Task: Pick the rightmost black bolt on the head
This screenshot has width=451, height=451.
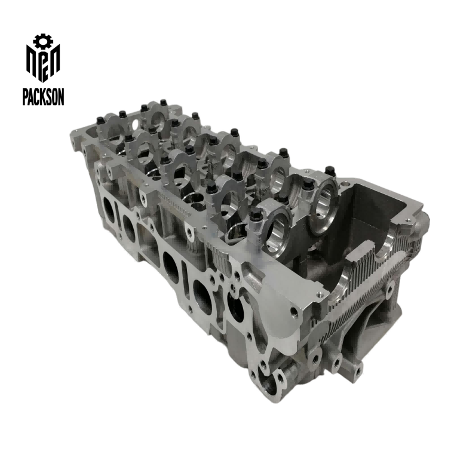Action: point(327,171)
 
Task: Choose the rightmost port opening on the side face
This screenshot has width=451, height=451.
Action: point(234,305)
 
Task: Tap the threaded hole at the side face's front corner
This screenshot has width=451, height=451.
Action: point(293,311)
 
